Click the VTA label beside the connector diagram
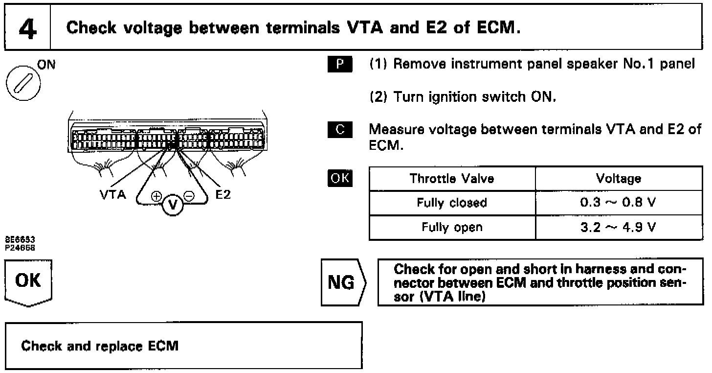point(113,195)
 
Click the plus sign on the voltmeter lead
point(156,197)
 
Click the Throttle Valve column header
point(452,179)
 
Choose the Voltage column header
point(619,179)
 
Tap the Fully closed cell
point(452,203)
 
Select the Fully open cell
point(452,227)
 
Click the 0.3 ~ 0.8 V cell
point(619,203)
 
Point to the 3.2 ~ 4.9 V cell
point(619,227)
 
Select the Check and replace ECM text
point(100,346)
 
